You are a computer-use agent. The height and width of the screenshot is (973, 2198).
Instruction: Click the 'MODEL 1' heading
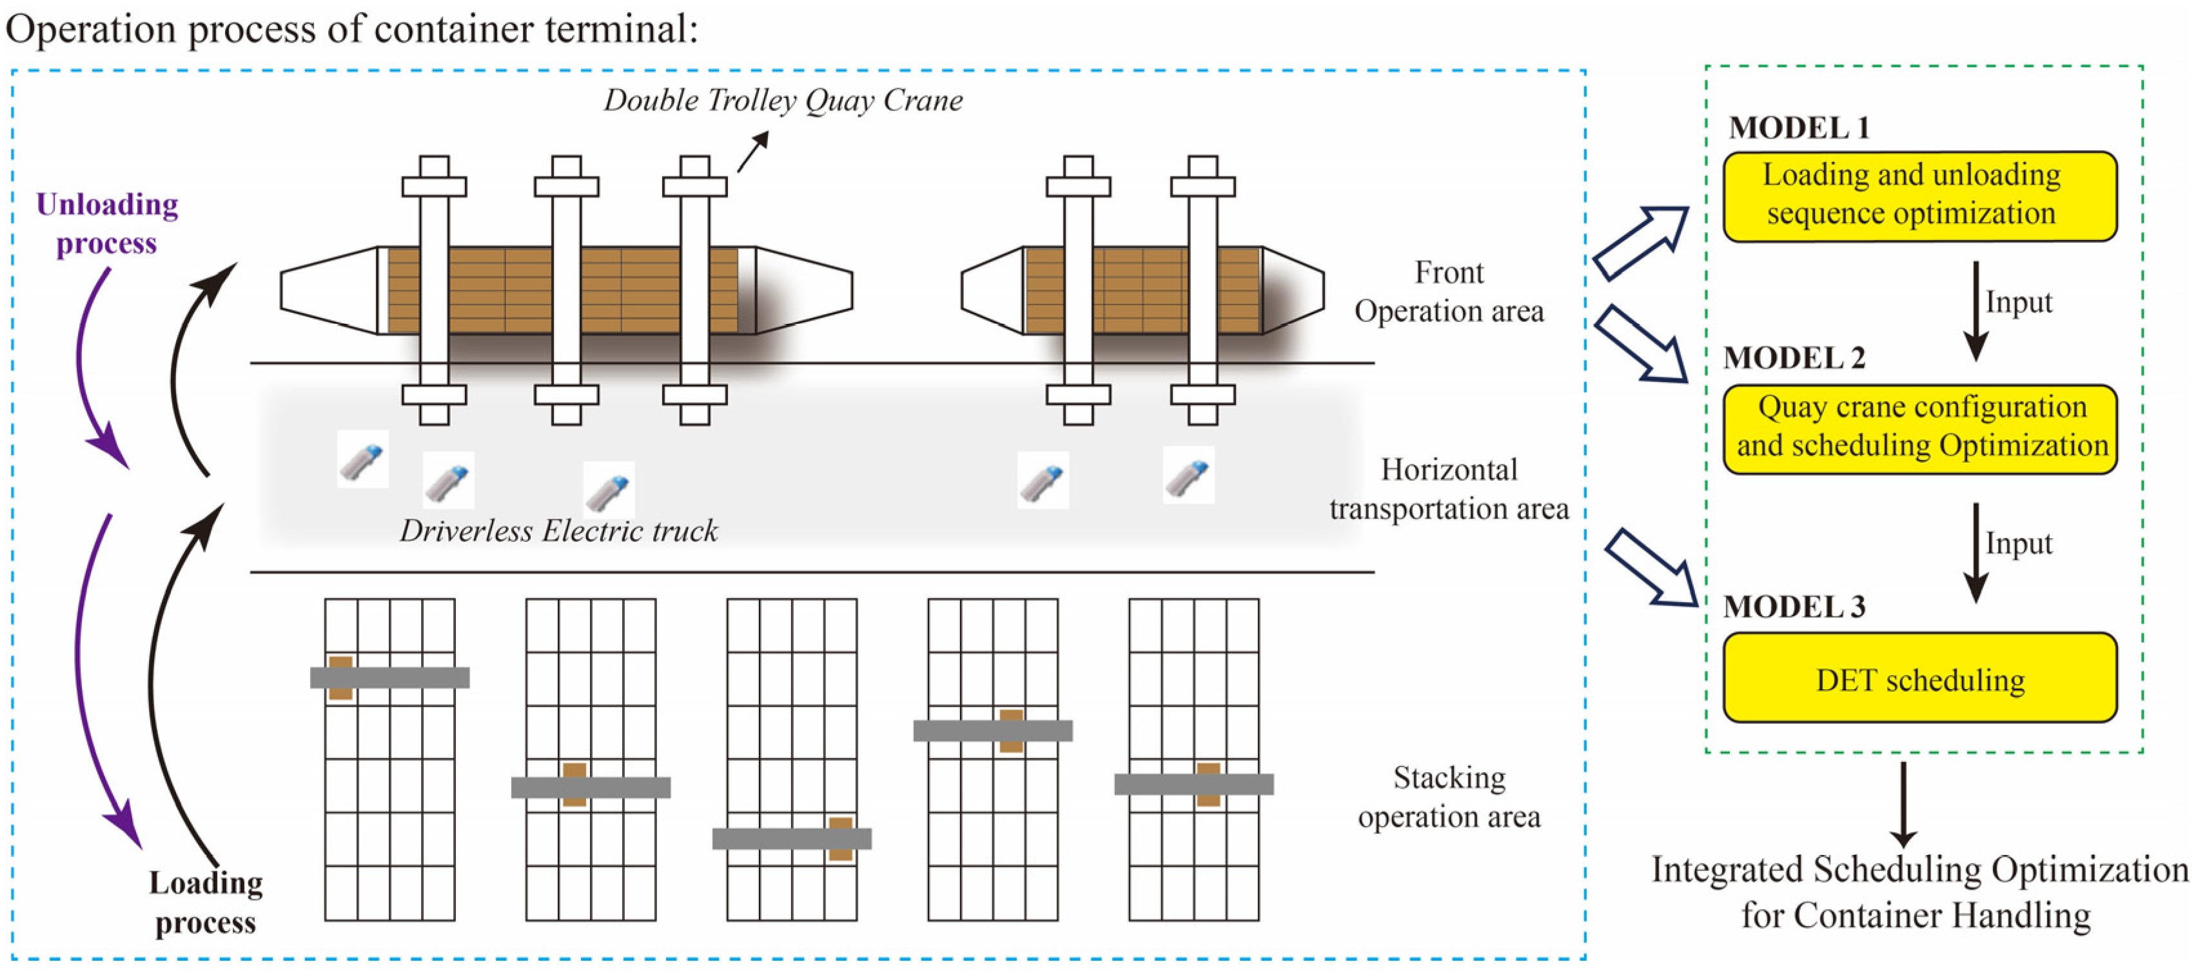(1799, 128)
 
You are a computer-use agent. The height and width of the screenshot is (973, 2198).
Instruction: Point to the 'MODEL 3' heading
(1794, 607)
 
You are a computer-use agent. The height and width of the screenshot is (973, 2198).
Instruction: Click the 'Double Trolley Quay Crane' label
(783, 101)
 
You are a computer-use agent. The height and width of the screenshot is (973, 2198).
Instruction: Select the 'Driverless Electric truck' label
(559, 531)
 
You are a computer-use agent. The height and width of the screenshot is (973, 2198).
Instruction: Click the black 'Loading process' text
(206, 902)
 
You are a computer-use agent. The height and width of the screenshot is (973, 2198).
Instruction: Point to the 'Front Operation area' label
(1449, 292)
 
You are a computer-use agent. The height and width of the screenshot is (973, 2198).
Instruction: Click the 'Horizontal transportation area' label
(1449, 489)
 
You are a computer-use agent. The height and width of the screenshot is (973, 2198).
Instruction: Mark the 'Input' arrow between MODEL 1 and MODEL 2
(1976, 312)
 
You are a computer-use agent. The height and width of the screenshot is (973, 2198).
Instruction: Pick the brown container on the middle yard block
(841, 838)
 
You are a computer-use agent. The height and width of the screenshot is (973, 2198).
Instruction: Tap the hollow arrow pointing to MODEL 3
(1652, 568)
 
